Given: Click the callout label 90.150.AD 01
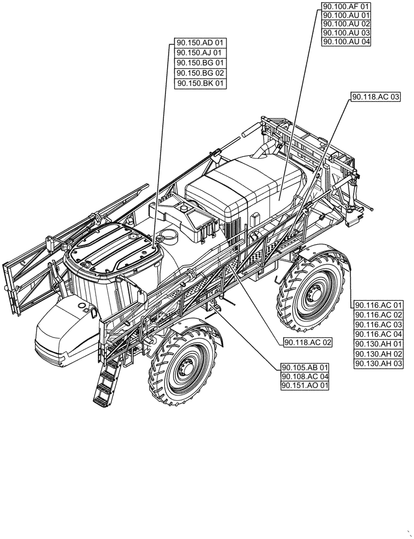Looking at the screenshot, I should tap(201, 43).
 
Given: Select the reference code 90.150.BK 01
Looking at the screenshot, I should tap(201, 84).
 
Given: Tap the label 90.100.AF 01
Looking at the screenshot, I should tap(346, 6).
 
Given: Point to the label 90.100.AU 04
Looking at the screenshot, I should tap(346, 42).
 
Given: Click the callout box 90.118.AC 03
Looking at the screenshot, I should tap(376, 97).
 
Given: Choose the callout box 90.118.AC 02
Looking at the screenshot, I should tap(308, 342).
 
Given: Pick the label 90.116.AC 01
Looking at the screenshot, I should tap(379, 305).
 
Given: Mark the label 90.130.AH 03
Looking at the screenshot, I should tap(379, 364).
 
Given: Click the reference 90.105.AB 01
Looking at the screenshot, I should tap(305, 368).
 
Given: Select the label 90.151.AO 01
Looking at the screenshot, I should tap(305, 386).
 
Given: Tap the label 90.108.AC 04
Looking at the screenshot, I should tap(305, 377).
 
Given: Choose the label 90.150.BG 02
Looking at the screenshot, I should tap(201, 73).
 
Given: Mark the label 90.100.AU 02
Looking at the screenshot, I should tap(346, 24).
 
